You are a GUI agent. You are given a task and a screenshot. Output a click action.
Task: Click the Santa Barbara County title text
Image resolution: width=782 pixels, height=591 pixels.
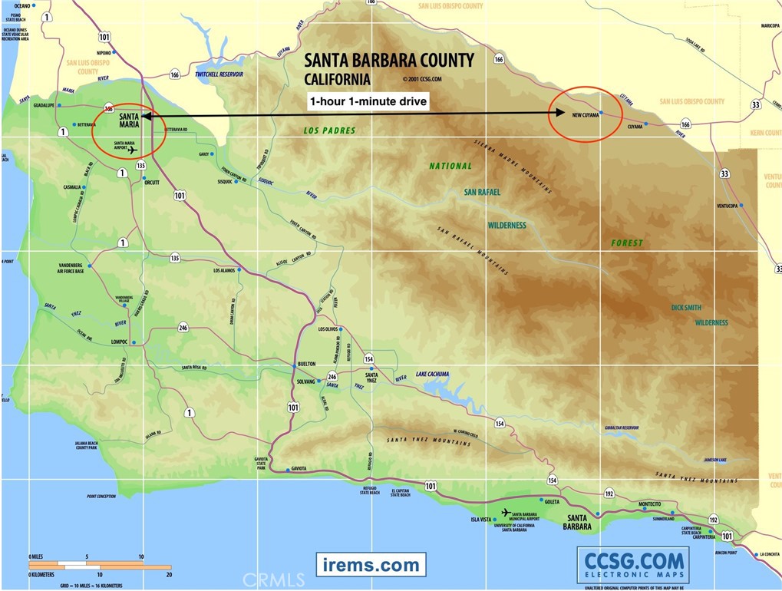[389, 61]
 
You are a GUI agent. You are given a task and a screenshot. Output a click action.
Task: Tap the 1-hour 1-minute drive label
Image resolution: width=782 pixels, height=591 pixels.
[368, 101]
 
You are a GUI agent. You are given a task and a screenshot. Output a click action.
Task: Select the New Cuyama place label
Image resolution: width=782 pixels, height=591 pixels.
[586, 115]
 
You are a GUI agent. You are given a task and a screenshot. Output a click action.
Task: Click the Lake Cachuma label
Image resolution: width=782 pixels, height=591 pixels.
[432, 375]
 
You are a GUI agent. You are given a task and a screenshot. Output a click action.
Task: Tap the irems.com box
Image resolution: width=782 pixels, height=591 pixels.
[371, 565]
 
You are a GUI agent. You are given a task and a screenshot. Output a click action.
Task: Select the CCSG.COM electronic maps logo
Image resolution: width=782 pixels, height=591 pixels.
[633, 565]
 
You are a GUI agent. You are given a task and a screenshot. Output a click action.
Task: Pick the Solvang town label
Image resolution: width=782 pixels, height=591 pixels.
[306, 381]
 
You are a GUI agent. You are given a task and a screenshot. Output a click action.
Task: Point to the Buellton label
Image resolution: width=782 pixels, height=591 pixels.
[307, 364]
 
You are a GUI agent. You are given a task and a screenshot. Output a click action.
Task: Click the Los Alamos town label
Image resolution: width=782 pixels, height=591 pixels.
[226, 271]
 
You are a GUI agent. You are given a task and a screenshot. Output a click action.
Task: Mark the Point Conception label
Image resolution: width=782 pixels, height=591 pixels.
[101, 497]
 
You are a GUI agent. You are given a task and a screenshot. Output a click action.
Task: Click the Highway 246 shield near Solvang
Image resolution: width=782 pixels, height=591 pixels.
[332, 377]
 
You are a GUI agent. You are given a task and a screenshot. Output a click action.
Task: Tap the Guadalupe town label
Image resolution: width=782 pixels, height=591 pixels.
[44, 105]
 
